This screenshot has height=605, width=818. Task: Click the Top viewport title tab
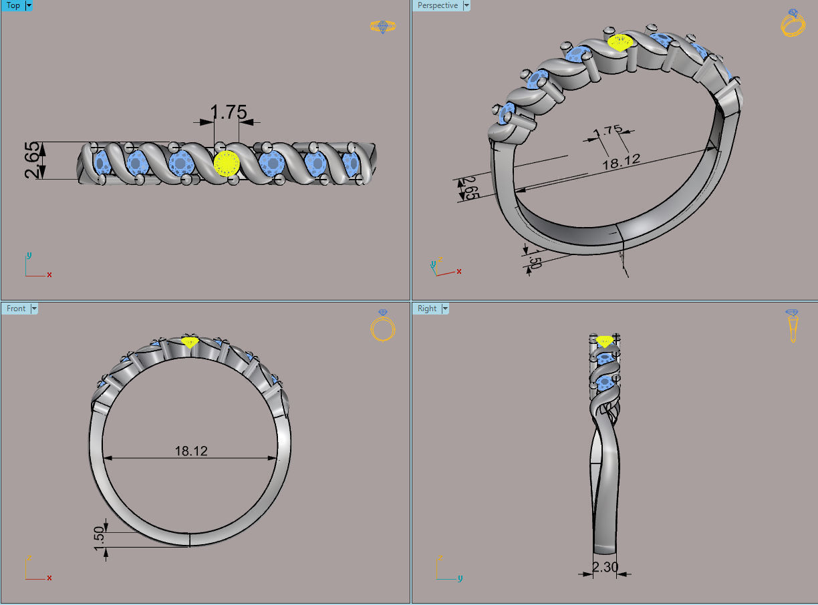point(13,5)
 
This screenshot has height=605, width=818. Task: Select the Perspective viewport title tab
point(438,5)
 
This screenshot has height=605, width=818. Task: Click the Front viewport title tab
point(16,309)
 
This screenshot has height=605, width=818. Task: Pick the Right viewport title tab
point(427,309)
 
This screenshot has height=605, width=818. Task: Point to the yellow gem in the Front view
point(190,342)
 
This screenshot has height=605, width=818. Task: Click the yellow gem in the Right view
point(605,341)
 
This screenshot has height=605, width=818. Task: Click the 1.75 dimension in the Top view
point(229,112)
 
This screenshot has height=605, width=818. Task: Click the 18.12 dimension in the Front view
point(191,451)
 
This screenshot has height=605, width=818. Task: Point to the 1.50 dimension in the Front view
point(100,539)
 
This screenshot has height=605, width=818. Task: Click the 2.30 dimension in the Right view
point(605,568)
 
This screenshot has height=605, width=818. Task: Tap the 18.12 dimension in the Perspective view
point(622,160)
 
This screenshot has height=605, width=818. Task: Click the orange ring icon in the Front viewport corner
point(383,327)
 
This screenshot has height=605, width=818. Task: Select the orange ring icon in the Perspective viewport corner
point(793,23)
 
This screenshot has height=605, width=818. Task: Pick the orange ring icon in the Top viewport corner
point(382,27)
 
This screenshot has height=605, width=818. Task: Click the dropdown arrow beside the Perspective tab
point(466,5)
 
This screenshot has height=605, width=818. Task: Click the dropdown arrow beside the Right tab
point(445,309)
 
